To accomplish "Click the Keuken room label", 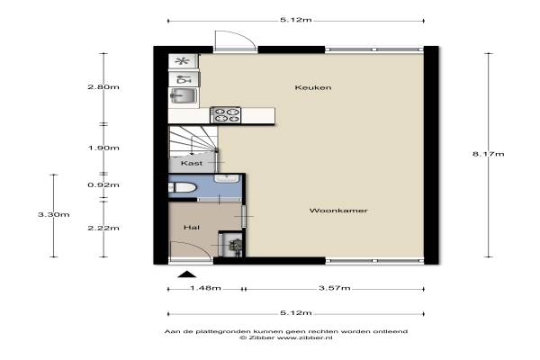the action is (x=313, y=87).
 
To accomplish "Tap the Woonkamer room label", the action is (x=338, y=211).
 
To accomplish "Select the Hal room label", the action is (x=192, y=228).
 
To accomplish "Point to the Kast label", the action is (x=192, y=163).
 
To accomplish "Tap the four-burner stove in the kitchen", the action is (x=226, y=115).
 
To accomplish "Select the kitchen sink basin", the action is (x=184, y=95).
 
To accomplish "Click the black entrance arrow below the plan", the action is (x=187, y=274).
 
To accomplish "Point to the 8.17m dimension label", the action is (x=489, y=154).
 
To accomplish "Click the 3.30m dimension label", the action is (x=54, y=214).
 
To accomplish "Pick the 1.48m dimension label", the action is (x=205, y=288).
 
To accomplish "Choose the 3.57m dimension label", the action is (x=335, y=288).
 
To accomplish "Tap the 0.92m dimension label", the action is (x=103, y=185).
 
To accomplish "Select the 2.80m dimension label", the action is (x=103, y=86).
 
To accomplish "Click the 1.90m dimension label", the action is (x=103, y=148).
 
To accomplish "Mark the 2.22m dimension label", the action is (x=103, y=228).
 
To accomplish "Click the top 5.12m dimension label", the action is (x=296, y=20).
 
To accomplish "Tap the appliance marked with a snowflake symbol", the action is (x=183, y=61).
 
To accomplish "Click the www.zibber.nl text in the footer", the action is (x=305, y=337).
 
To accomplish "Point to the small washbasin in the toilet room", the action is (x=227, y=178).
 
